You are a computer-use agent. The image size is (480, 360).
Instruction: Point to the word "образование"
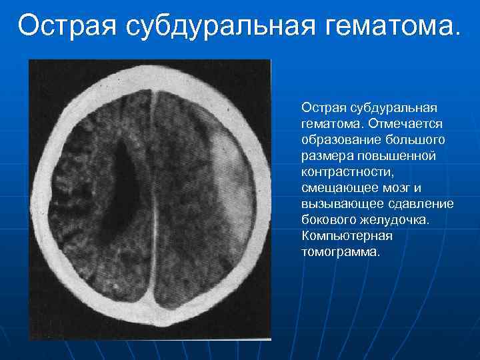coord(339,139)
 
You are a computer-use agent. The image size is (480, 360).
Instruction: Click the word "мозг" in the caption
coord(389,187)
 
